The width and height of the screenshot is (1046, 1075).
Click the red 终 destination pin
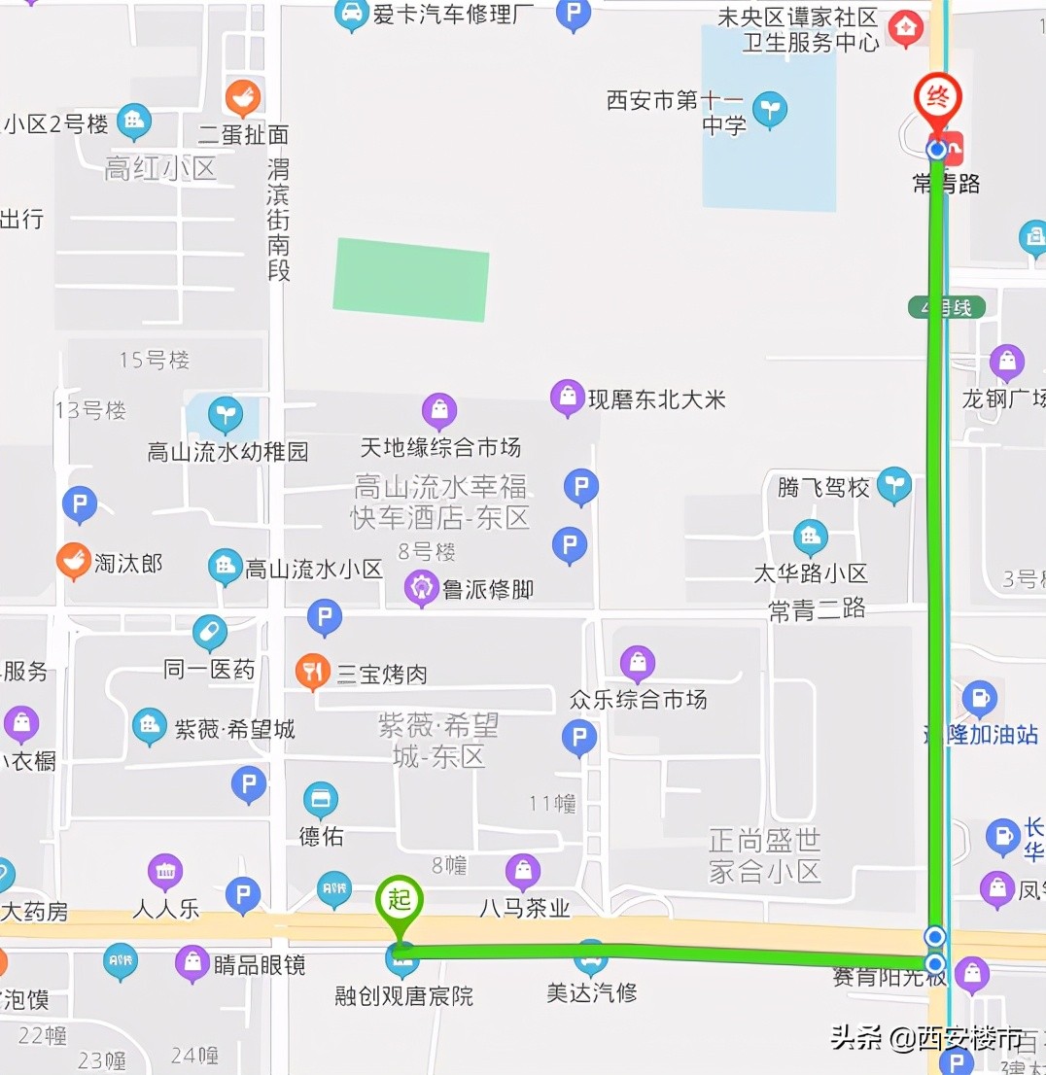(x=937, y=98)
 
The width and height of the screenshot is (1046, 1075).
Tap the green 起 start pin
(x=400, y=900)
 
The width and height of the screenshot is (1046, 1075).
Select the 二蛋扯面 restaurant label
(x=243, y=134)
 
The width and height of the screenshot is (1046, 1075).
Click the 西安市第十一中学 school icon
(x=770, y=109)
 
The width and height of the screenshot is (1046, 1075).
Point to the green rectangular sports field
(x=410, y=279)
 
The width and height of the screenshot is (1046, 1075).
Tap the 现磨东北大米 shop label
(x=656, y=399)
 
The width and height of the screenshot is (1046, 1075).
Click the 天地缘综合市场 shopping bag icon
(x=439, y=411)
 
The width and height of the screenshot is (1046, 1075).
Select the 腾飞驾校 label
(x=822, y=487)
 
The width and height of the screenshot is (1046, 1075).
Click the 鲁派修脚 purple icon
(x=421, y=588)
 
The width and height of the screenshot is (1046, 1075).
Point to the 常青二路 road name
(x=817, y=609)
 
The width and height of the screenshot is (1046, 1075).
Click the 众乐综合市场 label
(x=638, y=699)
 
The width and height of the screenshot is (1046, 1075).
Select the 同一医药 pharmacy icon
(x=209, y=633)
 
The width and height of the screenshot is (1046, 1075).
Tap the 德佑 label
(x=321, y=835)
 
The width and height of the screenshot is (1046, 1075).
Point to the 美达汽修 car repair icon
(x=590, y=958)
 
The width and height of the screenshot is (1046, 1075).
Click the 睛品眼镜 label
(x=259, y=964)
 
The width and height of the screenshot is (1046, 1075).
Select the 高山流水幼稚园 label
(x=227, y=451)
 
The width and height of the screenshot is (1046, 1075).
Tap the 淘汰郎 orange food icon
(x=73, y=561)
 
